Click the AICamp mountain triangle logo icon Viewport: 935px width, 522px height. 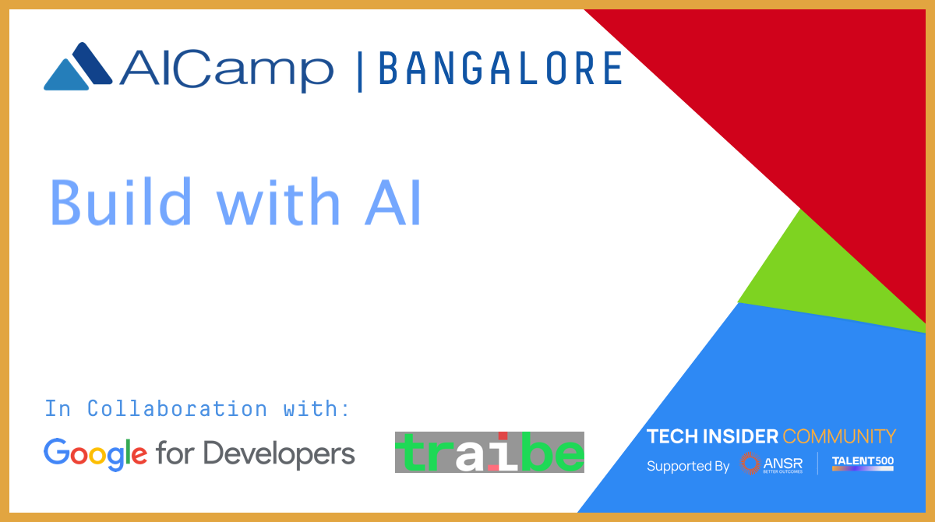tap(78, 66)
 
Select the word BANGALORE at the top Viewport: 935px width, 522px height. tap(500, 68)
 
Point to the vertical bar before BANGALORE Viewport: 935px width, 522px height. tap(360, 72)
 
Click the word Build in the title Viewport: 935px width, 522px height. tap(120, 202)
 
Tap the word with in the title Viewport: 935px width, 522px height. tap(278, 202)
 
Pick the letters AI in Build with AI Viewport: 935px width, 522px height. tap(393, 203)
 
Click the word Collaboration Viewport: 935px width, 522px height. tap(177, 408)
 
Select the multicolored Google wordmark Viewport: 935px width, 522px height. tap(95, 454)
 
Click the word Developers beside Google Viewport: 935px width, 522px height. tap(279, 454)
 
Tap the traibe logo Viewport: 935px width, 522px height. tap(489, 453)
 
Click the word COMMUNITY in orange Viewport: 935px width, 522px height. tap(839, 436)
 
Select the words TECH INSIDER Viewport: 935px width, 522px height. tap(712, 436)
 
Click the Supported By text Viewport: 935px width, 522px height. tap(688, 466)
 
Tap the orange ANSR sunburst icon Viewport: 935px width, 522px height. tap(750, 463)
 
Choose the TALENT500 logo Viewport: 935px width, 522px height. tap(863, 463)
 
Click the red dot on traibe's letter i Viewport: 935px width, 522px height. tap(503, 436)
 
